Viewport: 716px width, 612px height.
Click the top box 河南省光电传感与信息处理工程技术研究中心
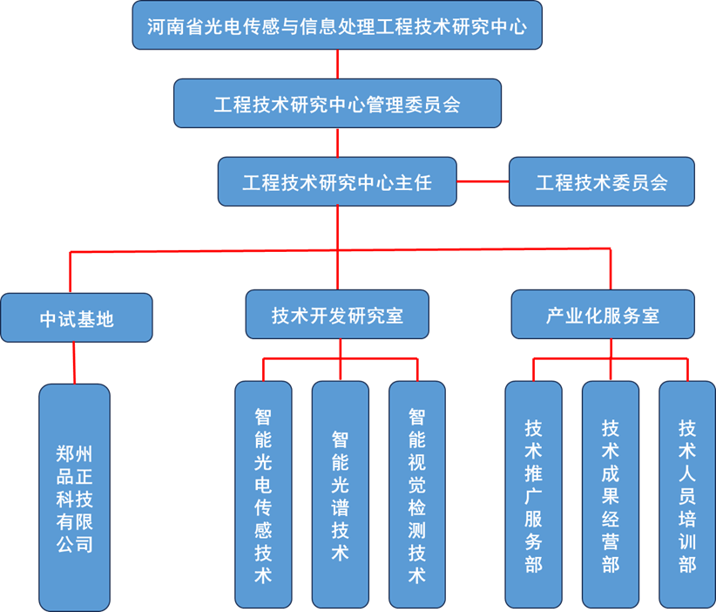(337, 25)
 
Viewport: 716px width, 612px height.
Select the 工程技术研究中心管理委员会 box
(337, 104)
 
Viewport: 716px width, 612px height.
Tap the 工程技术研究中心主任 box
(337, 181)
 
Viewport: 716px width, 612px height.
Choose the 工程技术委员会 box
(602, 181)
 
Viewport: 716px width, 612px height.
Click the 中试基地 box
(77, 317)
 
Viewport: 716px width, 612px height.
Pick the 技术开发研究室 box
(337, 315)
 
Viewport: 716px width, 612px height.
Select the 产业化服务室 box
(603, 315)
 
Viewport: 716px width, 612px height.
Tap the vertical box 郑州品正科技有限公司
(75, 498)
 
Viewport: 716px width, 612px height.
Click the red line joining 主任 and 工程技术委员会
(483, 181)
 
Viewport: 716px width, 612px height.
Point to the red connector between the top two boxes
(337, 65)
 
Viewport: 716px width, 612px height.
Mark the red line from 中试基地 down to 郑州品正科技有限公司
(75, 363)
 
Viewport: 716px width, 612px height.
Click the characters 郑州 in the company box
(75, 453)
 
